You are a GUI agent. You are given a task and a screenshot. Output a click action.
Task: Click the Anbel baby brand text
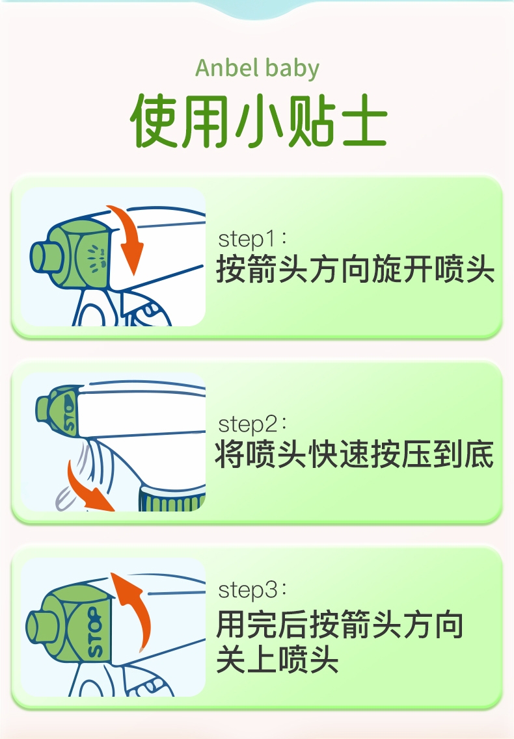click(x=257, y=68)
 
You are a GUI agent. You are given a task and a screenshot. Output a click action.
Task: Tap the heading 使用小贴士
click(x=259, y=121)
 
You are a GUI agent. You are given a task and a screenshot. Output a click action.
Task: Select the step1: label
click(x=252, y=239)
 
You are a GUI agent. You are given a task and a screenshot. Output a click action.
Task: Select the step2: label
click(x=252, y=424)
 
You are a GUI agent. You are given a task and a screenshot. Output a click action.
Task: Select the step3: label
click(x=252, y=590)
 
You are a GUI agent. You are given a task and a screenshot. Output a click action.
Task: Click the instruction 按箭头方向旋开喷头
click(x=355, y=269)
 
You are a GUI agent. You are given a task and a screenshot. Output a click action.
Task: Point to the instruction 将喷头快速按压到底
click(x=355, y=454)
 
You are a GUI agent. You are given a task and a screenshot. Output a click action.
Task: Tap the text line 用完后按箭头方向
click(x=340, y=625)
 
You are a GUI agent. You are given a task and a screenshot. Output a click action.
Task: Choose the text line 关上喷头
click(x=277, y=659)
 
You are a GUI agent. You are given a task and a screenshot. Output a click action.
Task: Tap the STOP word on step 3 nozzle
click(x=95, y=632)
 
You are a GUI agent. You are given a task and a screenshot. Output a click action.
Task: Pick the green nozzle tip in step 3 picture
click(x=37, y=627)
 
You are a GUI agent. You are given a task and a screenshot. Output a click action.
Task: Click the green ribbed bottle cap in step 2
click(x=172, y=499)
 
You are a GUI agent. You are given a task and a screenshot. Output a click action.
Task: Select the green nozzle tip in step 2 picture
click(x=42, y=409)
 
